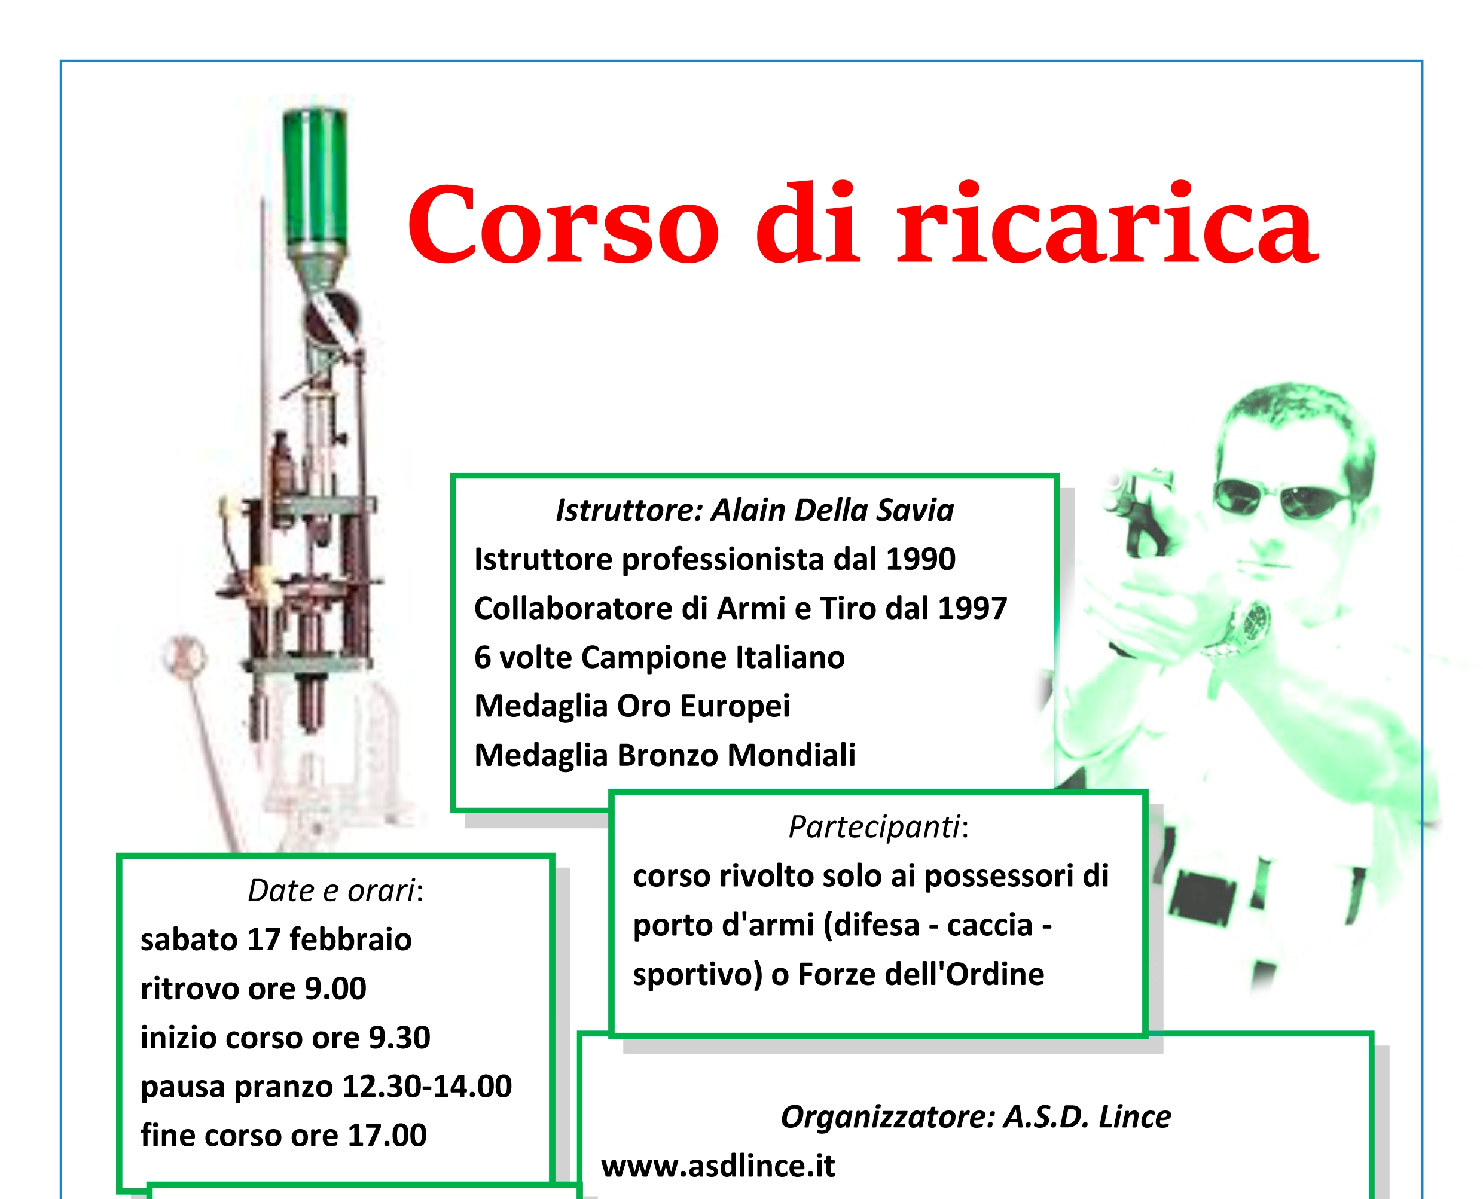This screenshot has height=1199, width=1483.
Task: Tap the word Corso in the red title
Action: pos(563,224)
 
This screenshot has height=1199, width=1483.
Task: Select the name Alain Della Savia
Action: pos(832,511)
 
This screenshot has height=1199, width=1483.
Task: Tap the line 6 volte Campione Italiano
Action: pos(659,658)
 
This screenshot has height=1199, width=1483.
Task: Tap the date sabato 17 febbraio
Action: pos(276,940)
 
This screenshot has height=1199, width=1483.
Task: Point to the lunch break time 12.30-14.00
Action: pos(427,1087)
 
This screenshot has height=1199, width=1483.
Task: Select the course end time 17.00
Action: pos(387,1136)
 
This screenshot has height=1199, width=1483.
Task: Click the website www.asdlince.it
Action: pos(718,1167)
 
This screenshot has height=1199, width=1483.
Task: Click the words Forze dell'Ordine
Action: pos(921,975)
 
